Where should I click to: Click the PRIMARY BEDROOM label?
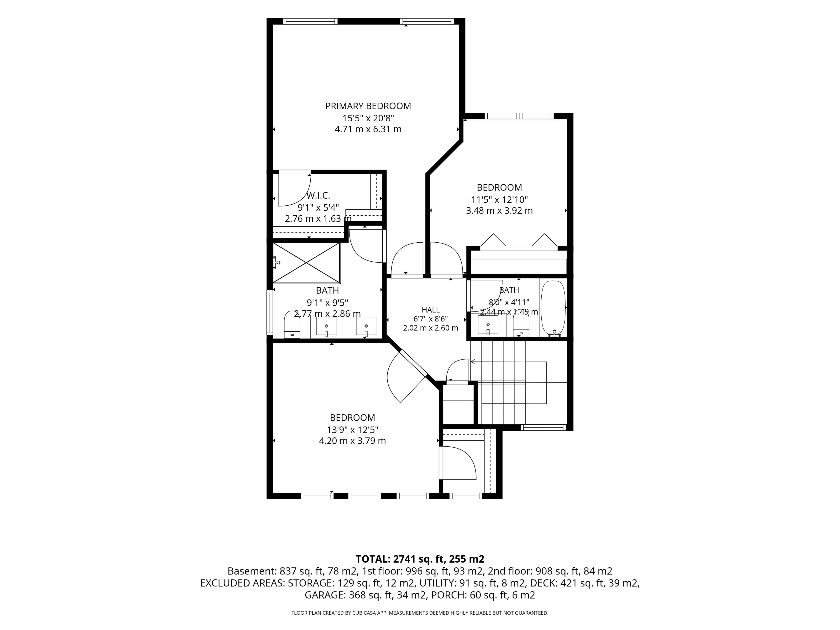coord(368,106)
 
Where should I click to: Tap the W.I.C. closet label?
coord(318,196)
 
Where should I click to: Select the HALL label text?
coord(431,310)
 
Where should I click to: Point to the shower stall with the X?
coord(306,263)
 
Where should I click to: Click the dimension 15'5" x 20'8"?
coord(368,118)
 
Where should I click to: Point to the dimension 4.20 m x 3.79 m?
coord(352,441)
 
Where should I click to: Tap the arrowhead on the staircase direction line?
coord(473,362)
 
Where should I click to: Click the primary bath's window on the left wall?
coord(270,312)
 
